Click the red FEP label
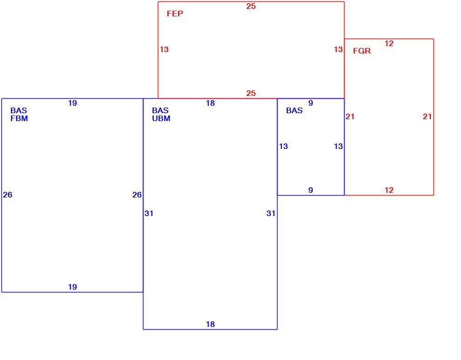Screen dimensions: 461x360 [x=175, y=14]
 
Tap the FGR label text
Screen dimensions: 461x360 [x=362, y=51]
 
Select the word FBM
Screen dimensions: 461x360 [x=19, y=119]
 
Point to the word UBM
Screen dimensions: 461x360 [x=161, y=119]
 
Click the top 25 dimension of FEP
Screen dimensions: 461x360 [x=251, y=6]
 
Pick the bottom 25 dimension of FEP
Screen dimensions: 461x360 [x=251, y=93]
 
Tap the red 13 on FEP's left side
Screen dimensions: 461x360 [x=164, y=49]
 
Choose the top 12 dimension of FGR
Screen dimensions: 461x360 [x=389, y=43]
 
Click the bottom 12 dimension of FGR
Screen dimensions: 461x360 [x=389, y=190]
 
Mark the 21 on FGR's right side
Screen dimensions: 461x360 [x=427, y=117]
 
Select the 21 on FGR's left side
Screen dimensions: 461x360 [x=350, y=117]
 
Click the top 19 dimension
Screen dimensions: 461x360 [x=72, y=103]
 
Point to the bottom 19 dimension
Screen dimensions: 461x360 [x=72, y=287]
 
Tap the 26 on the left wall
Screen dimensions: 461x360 [x=7, y=195]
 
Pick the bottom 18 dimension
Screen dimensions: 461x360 [x=210, y=325]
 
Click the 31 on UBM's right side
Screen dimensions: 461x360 [x=271, y=213]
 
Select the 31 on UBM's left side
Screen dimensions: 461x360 [x=149, y=213]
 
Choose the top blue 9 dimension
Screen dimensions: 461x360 [x=311, y=103]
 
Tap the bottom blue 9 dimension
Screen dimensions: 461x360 [x=311, y=190]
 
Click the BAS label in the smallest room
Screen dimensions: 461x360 [x=294, y=110]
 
